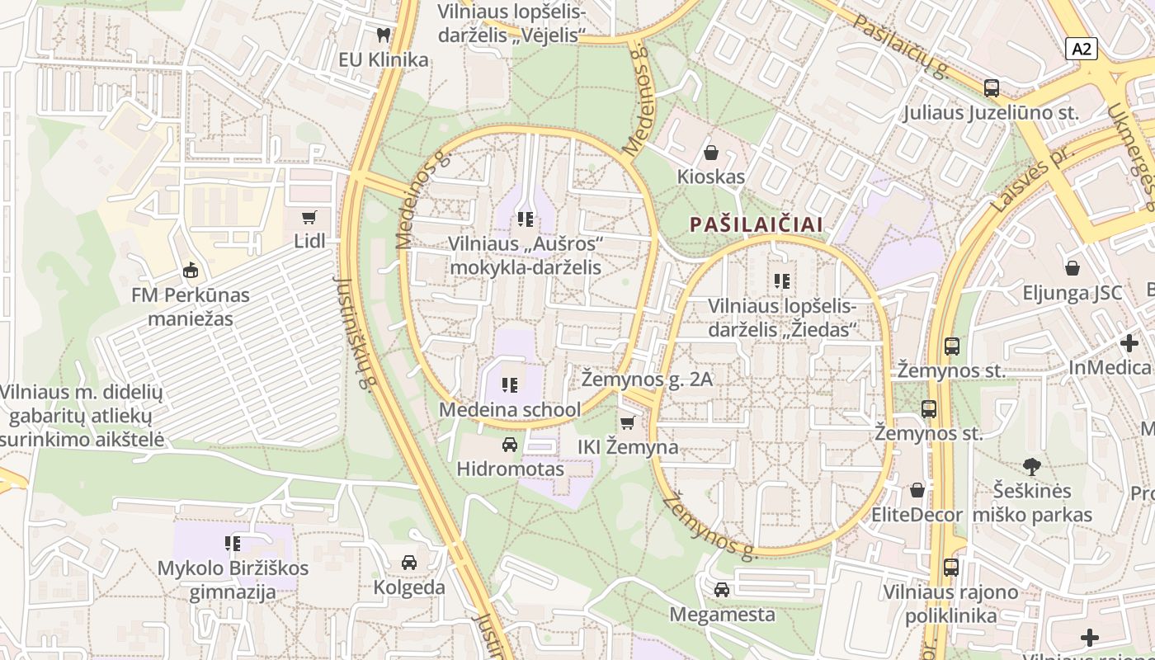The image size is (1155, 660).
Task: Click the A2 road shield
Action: coord(1081,49)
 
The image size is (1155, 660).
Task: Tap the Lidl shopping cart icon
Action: coord(309,218)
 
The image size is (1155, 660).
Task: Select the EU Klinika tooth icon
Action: coord(383,35)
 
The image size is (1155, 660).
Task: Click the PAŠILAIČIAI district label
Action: coord(757,224)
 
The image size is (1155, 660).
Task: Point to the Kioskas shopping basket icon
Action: coord(710,153)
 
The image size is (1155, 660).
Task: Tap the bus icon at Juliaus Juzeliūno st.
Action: coord(992,88)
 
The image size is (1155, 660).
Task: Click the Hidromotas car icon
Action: coord(510,445)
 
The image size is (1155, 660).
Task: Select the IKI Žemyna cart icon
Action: coord(628,423)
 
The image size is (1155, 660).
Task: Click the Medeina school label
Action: coord(510,409)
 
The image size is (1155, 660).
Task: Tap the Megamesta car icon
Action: coord(722,590)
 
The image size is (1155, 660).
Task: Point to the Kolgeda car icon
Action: coord(409,563)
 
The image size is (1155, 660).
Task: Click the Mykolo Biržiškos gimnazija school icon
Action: coord(233,544)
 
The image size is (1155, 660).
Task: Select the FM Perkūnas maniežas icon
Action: coord(191,270)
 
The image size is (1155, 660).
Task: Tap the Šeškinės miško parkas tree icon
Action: coord(1031,467)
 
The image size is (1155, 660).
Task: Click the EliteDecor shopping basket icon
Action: coord(917,491)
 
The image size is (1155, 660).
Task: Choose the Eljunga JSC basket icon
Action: coord(1072,268)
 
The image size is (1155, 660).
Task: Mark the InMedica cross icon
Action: coord(1129,342)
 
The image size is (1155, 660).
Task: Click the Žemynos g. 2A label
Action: coord(647,379)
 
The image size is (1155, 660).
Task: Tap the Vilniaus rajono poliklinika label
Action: coord(950,604)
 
